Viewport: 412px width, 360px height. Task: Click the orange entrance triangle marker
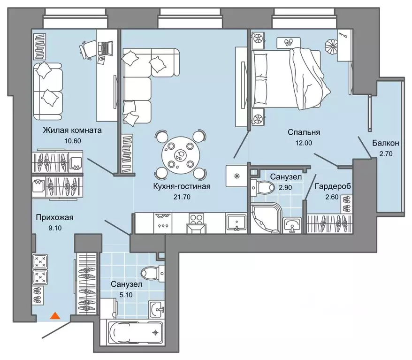point(55,315)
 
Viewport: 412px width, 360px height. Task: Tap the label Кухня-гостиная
point(182,186)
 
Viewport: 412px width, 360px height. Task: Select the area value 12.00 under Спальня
point(304,143)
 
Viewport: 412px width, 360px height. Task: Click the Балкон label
point(385,143)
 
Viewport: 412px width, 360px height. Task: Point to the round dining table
point(181,155)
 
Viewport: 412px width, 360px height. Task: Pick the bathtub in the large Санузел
point(136,332)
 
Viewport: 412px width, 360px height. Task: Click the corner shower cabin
point(266,218)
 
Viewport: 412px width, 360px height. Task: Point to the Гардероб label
point(333,186)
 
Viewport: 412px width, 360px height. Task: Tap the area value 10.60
point(73,141)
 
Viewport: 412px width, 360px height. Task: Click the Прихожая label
point(54,218)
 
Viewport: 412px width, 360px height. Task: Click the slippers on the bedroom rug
point(289,42)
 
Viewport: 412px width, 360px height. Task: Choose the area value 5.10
point(126,295)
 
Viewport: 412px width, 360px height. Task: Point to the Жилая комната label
point(72,130)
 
